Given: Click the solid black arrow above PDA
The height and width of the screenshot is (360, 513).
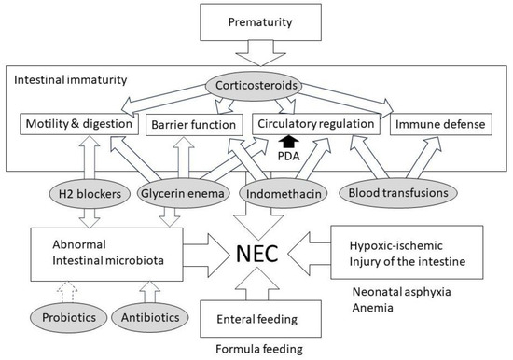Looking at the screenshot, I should pyautogui.click(x=288, y=142).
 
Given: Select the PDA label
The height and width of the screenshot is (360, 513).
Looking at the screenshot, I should pyautogui.click(x=288, y=157).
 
